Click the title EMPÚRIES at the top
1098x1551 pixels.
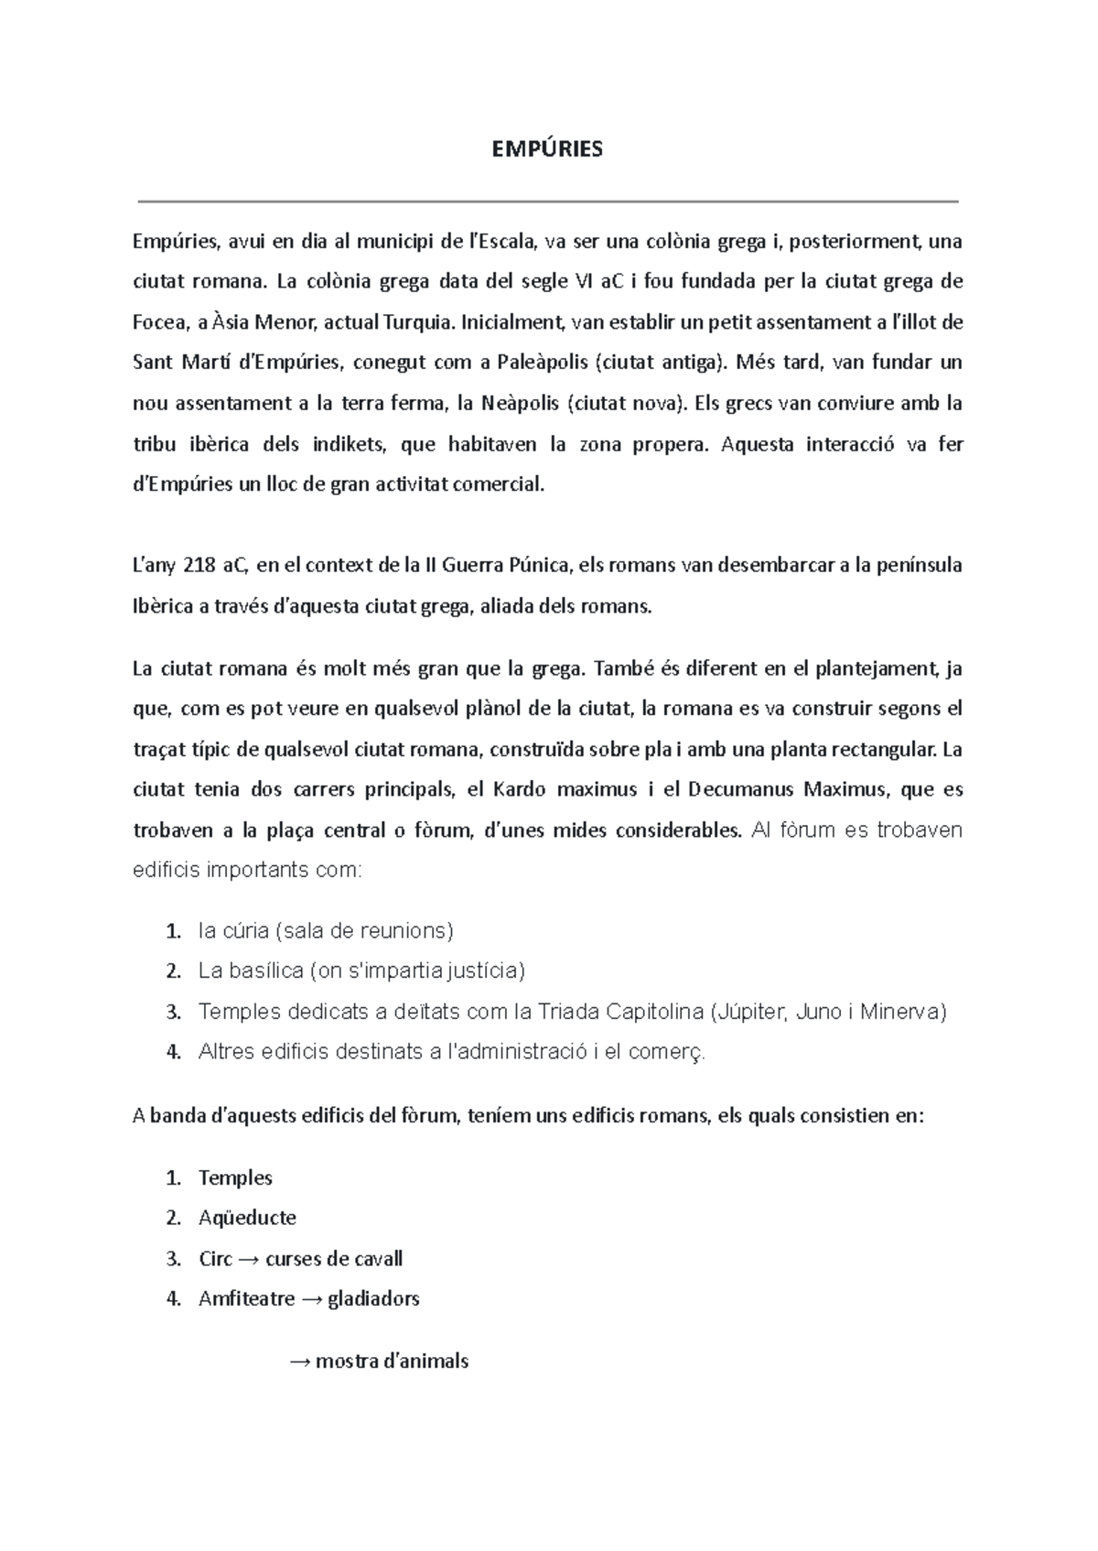click(x=548, y=149)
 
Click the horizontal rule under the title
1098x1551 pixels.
click(x=548, y=201)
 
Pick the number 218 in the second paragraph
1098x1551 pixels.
click(x=199, y=565)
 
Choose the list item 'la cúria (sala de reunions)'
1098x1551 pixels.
click(x=326, y=931)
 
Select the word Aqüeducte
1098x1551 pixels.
click(x=247, y=1218)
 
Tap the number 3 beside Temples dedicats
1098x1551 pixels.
click(x=173, y=1013)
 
